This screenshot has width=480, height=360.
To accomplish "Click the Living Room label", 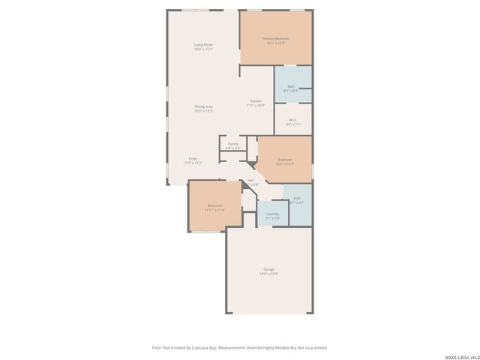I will coord(204,45).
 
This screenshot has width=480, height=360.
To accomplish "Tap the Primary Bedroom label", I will coord(275,38).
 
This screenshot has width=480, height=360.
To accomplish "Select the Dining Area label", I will coord(204,106).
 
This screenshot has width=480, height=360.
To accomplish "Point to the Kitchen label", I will coord(256,102).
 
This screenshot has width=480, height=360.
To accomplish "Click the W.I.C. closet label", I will coord(293,120).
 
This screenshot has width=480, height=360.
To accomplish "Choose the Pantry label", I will coord(233,144).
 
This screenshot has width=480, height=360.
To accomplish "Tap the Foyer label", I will coord(193,159).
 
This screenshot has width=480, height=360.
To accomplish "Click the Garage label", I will coord(268,269).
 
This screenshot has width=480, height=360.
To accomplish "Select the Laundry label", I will coord(272,214).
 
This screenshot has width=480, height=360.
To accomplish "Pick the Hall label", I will coord(250,180).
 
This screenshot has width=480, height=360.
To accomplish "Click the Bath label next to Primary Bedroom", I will coord(291,86).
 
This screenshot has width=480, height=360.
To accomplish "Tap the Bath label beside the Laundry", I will coord(296,198).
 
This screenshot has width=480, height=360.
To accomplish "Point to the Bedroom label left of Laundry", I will coord(214,205).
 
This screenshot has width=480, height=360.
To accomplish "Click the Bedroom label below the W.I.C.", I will coord(285,159).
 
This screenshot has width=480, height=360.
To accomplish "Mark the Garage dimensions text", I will coord(268,274).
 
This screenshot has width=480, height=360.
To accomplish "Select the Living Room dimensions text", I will coord(204,49).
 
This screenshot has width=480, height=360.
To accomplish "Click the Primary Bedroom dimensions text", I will coord(275,43).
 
